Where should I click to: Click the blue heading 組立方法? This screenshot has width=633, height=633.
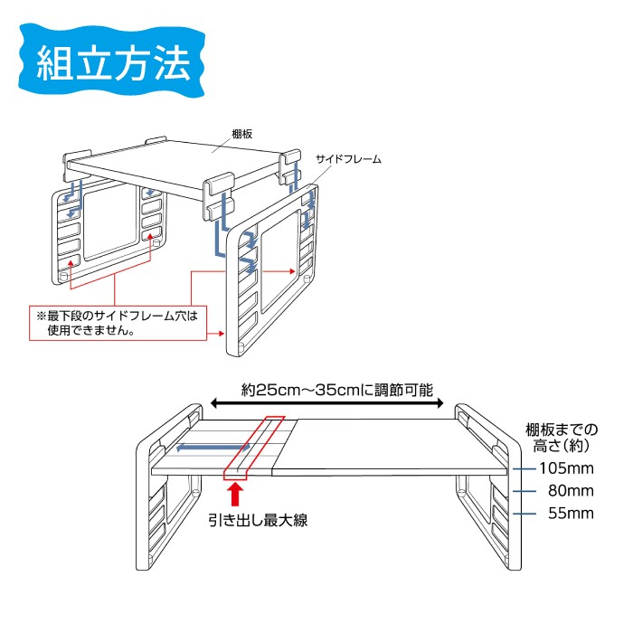(112, 64)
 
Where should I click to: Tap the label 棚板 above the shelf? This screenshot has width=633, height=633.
(241, 134)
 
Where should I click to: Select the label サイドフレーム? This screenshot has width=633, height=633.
(348, 159)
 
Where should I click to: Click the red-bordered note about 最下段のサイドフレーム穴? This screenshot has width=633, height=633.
(118, 323)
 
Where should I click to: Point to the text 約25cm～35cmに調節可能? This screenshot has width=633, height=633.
(337, 390)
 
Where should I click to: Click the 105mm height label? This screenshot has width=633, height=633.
(566, 468)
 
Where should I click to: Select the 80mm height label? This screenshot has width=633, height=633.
(571, 491)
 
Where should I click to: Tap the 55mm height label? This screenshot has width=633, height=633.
(571, 514)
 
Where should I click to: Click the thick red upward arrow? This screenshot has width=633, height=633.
(236, 495)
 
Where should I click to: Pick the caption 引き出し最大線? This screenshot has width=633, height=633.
(258, 520)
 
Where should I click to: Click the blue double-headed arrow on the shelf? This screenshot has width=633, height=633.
(213, 447)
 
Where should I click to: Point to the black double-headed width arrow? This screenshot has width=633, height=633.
(327, 403)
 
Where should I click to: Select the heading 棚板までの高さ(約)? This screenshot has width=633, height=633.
(562, 438)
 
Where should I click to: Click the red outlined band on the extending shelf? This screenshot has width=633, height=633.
(254, 448)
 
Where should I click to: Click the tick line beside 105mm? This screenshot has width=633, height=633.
(524, 468)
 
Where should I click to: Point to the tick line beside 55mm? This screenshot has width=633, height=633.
(524, 514)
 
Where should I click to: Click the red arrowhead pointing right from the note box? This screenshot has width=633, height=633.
(221, 334)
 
